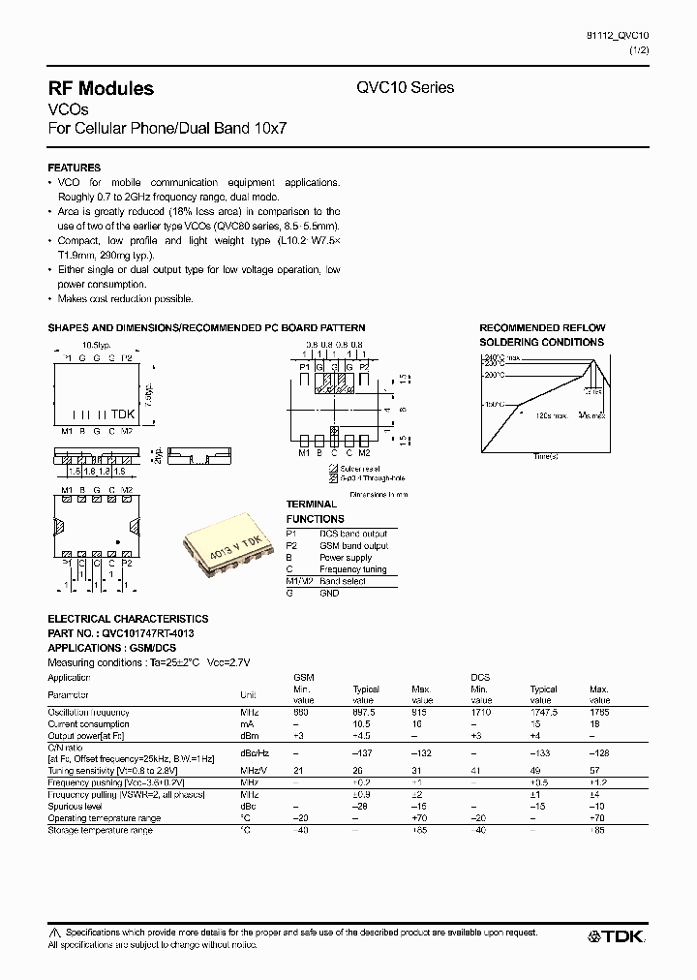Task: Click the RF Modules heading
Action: coord(101,88)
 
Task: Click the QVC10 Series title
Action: coord(406,87)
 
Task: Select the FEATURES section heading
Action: coord(75,168)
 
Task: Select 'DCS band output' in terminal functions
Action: coord(352,534)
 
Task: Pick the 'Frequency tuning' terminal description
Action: coord(352,569)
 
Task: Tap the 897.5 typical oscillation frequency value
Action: coord(364,712)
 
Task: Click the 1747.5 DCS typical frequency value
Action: coord(543,712)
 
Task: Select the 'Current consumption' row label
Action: coord(88,723)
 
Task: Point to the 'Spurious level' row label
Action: coord(76,806)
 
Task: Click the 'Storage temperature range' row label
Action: coord(100,830)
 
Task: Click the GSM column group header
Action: coord(303,677)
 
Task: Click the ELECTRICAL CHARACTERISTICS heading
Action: coord(128,618)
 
